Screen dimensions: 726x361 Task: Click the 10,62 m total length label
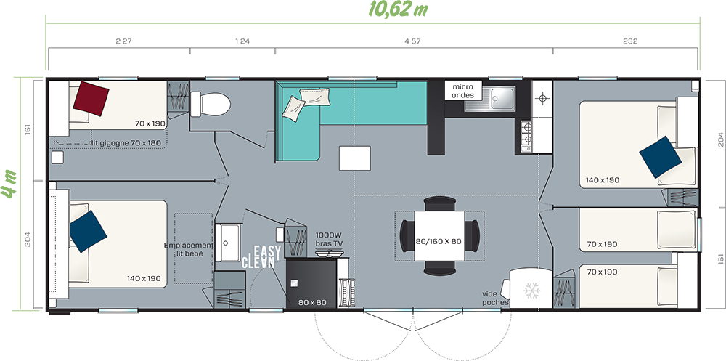398,9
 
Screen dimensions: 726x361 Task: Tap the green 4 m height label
9,184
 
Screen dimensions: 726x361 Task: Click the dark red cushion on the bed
91,98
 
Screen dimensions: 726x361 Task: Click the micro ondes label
463,91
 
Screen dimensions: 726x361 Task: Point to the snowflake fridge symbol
531,291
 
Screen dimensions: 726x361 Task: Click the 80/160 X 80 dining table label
439,241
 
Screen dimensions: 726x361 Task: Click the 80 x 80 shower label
312,303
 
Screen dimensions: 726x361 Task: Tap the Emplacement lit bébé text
189,249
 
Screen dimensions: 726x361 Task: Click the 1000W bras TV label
328,240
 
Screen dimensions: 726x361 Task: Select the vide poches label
495,298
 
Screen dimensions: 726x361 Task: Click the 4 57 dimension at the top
412,41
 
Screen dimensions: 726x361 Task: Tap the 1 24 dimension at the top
242,41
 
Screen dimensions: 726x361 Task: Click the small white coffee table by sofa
355,158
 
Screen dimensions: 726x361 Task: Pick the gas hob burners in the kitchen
526,134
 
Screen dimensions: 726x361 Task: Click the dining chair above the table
440,203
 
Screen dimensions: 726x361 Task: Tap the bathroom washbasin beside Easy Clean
227,243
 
